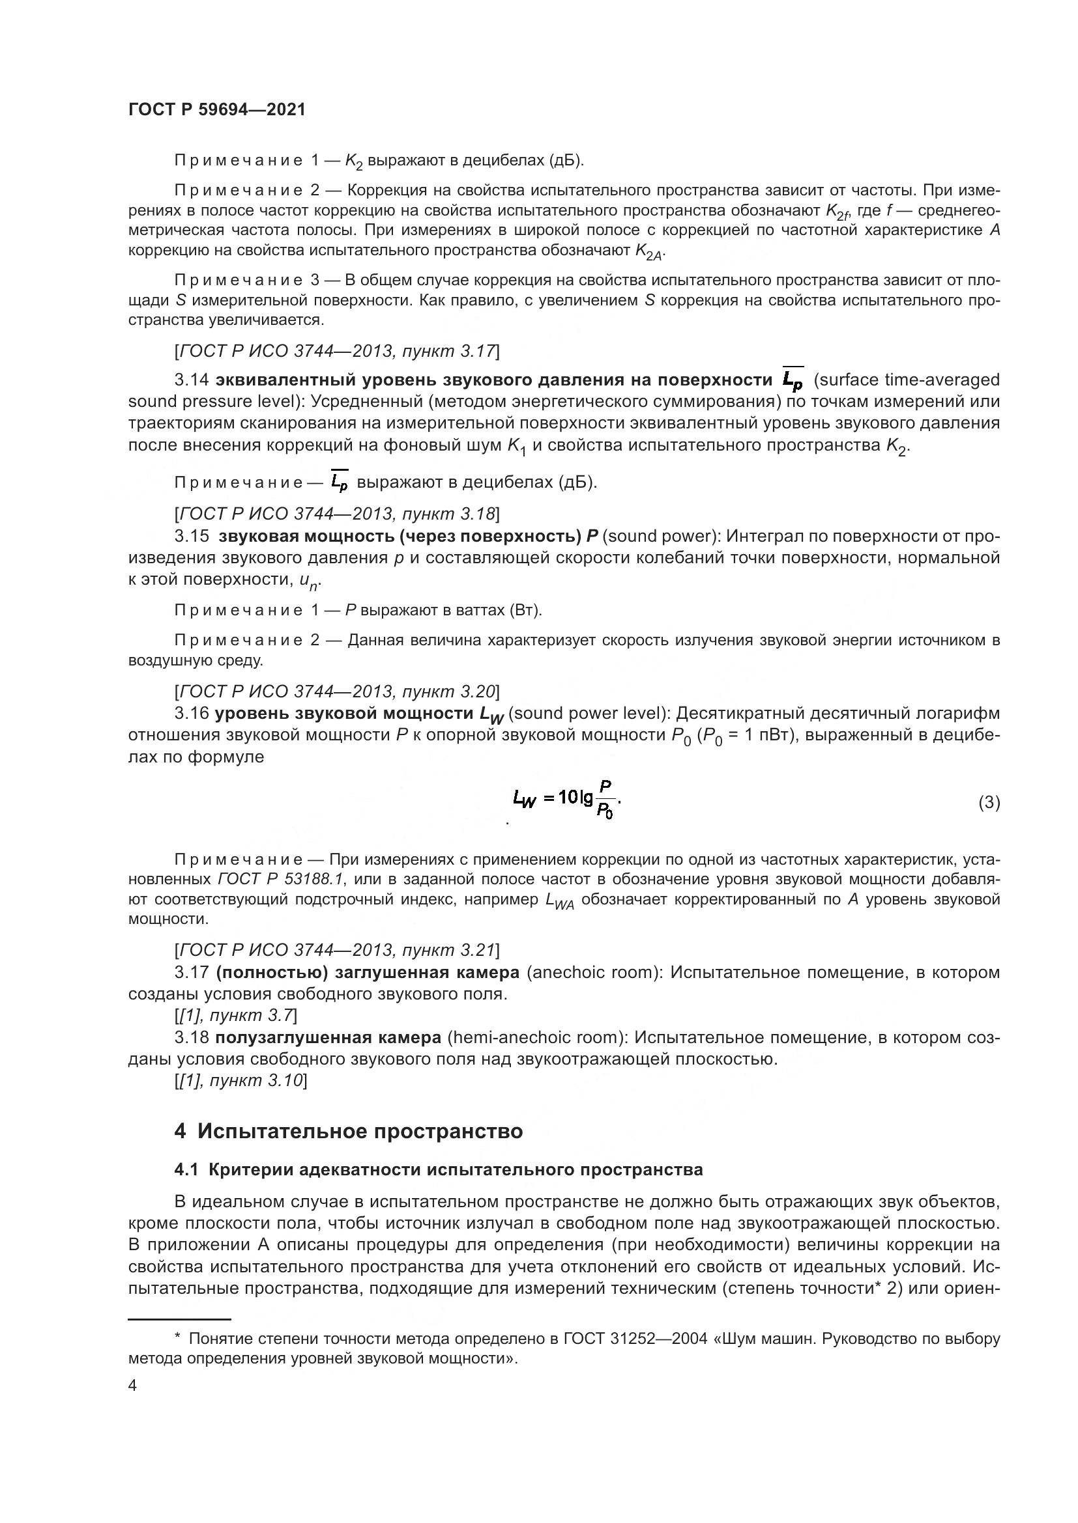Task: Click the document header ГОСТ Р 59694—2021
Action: [x=216, y=110]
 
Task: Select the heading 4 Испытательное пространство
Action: [x=348, y=1131]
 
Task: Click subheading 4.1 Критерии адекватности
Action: [x=438, y=1169]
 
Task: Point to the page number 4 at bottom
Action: [x=132, y=1386]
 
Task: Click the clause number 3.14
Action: [x=191, y=380]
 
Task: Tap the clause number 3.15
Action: [x=191, y=536]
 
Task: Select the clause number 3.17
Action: [x=191, y=972]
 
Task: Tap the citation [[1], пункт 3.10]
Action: [x=240, y=1081]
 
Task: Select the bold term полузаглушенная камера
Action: [x=328, y=1037]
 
